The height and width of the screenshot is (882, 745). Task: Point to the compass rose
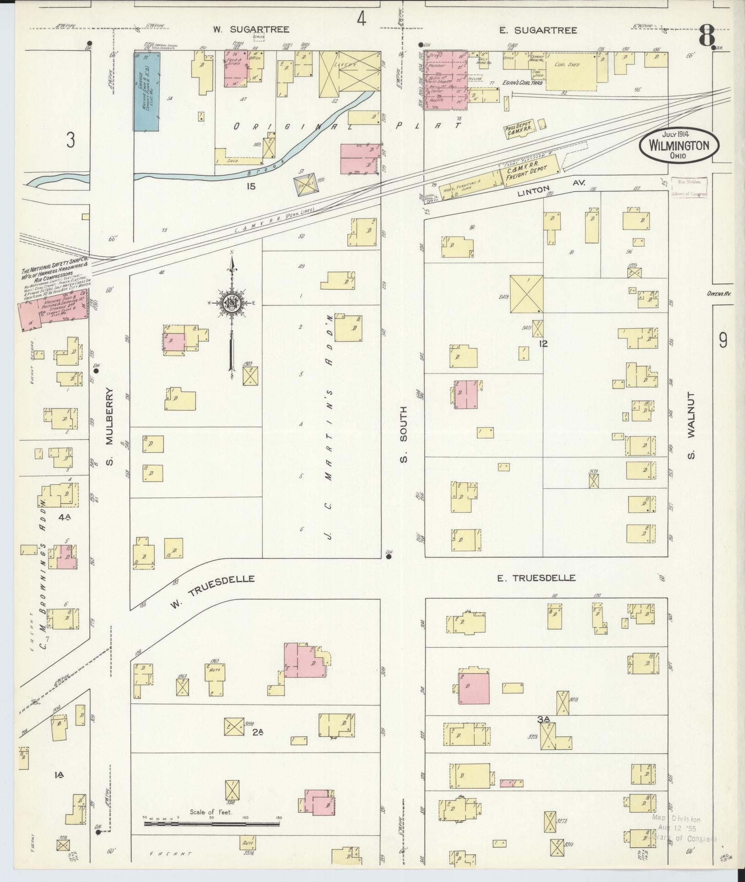point(232,303)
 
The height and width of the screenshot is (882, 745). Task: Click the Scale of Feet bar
point(211,823)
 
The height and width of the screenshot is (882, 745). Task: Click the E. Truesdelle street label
point(536,578)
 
